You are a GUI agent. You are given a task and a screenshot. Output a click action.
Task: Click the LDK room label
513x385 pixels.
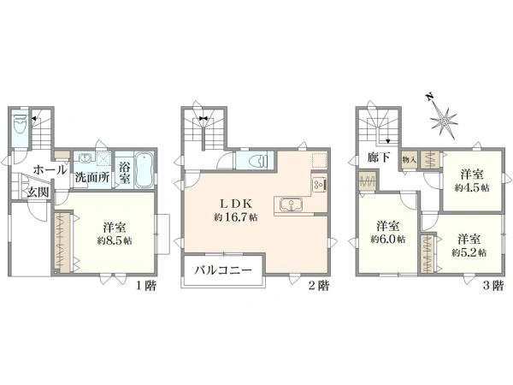236,204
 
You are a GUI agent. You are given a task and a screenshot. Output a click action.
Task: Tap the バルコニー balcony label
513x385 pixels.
223,270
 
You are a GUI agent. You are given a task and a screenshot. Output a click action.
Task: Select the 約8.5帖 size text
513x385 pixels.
115,241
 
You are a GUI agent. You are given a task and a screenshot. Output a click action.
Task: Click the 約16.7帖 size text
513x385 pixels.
236,217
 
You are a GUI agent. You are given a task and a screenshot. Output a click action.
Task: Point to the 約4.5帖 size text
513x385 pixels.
472,188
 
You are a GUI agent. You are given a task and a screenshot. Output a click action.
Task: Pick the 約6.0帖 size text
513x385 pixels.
388,240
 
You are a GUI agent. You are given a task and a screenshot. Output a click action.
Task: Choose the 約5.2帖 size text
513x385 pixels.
469,252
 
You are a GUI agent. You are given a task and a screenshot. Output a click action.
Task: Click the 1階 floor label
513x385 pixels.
146,286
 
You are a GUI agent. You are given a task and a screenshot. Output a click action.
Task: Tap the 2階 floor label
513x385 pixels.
319,286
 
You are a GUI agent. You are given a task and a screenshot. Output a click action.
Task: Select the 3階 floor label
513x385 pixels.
493,286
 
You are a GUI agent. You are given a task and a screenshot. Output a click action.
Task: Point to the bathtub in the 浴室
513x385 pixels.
144,169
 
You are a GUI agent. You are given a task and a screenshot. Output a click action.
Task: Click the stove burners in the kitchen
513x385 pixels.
318,185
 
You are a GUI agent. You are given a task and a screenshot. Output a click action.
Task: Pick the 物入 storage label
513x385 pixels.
410,160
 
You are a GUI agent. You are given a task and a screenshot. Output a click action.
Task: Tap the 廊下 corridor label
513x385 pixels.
379,157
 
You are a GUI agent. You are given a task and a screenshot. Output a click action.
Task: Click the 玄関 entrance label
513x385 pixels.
38,192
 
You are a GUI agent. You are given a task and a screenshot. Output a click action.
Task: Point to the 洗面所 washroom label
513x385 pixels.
92,177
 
